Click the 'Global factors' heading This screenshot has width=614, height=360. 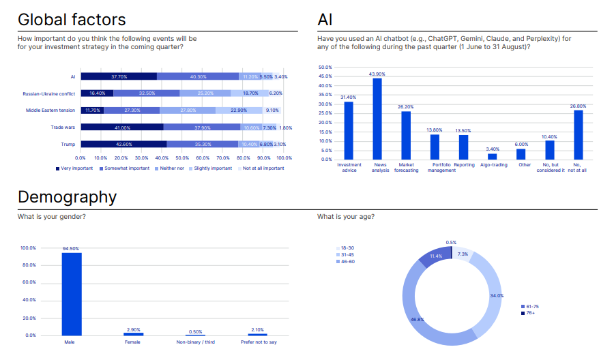[x=72, y=20]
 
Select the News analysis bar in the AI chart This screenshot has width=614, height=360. [x=377, y=119]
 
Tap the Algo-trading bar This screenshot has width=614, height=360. [x=493, y=156]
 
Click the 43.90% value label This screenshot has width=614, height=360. [x=377, y=74]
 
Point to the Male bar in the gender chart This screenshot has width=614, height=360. [x=72, y=294]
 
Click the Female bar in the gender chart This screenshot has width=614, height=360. [x=133, y=334]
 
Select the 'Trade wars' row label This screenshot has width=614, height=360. [x=63, y=127]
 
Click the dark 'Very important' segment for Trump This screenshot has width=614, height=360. [x=123, y=144]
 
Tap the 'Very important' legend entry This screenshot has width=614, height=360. [x=76, y=168]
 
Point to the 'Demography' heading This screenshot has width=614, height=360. [x=68, y=197]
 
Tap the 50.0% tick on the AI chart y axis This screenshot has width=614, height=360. [x=325, y=67]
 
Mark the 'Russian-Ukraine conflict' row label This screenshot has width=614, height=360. [x=48, y=93]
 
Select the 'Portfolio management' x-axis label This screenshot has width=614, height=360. [x=441, y=168]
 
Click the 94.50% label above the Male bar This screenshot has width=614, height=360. [x=72, y=249]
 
